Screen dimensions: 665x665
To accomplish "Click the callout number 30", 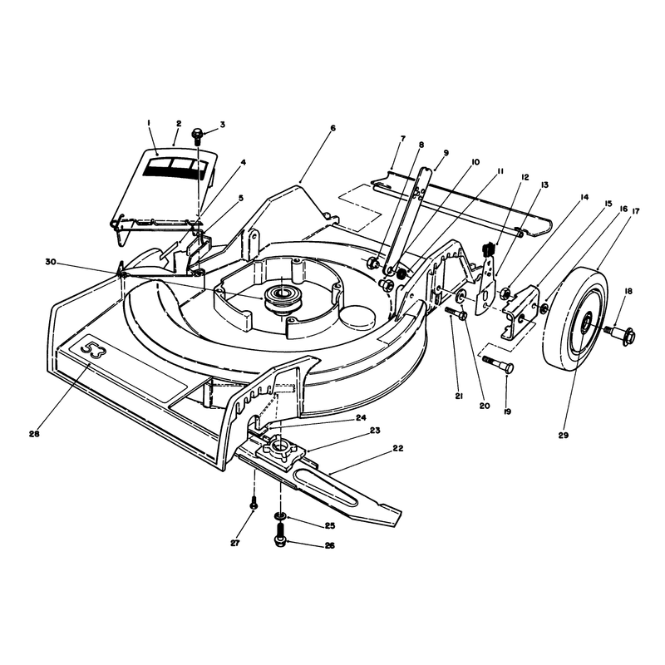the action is point(51,262).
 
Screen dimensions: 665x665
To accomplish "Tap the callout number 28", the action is point(34,434).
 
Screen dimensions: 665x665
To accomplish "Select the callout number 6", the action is point(332,128).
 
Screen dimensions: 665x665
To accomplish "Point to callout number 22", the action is point(398,448).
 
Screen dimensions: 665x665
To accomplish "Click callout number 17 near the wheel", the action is point(635,211).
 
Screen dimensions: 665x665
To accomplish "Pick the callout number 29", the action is point(564,435).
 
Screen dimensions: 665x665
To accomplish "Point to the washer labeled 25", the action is point(280,515).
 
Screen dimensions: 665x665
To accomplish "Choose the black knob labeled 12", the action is point(490,249).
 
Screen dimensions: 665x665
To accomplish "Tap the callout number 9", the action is point(446,152).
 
